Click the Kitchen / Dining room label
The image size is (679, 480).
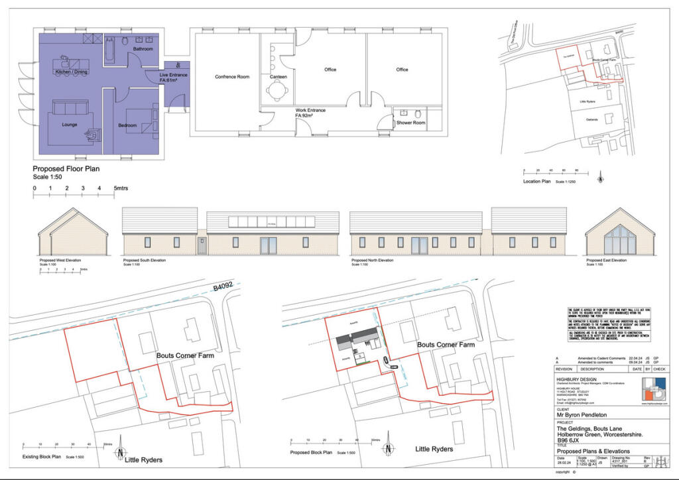[72, 71]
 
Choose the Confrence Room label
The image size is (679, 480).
[232, 77]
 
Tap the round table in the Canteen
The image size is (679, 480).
[273, 62]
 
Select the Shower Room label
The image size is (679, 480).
[410, 123]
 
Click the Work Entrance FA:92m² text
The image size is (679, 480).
[310, 113]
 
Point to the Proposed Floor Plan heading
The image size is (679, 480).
[66, 169]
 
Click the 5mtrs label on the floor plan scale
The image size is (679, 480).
[120, 189]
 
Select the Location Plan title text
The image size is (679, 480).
[538, 182]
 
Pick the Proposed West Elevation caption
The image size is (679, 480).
[60, 261]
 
